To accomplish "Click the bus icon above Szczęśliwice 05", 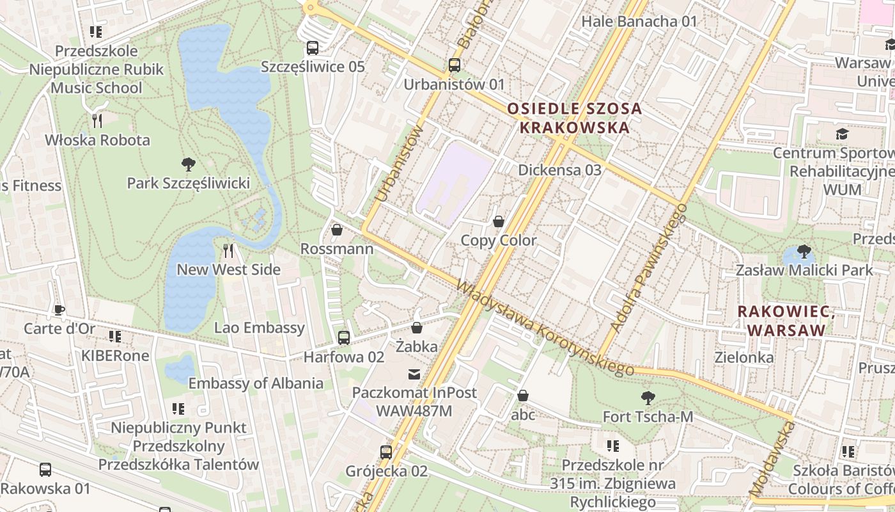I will pos(313,47).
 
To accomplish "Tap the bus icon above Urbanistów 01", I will pos(455,65).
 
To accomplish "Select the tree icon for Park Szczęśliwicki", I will pos(188,164).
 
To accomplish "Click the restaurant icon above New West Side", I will pos(229,250).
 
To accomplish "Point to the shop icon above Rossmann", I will pos(337,230).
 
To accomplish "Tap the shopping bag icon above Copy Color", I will pos(499,221).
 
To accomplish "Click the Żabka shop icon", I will pos(417,328).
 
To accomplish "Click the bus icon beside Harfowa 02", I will pos(344,337).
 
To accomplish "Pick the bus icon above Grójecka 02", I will pos(386,452).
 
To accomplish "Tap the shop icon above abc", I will pos(523,396).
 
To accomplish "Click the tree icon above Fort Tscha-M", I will pos(648,398).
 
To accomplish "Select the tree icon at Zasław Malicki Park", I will pos(804,251).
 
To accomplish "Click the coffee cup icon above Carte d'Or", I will pos(59,310).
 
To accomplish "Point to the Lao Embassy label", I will pos(259,328).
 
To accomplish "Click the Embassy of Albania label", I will pos(256,383).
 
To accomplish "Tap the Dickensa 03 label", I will pos(559,170).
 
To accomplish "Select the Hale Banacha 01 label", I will pos(639,22).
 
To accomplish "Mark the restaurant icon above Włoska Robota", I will pos(97,120).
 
